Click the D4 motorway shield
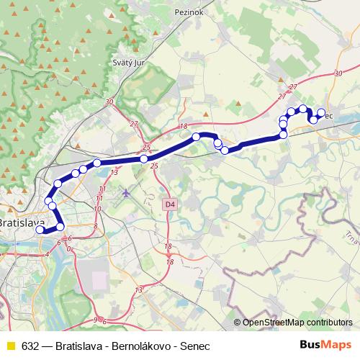click(x=169, y=204)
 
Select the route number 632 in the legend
click(x=30, y=345)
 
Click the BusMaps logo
click(x=326, y=344)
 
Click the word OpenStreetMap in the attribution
click(x=274, y=323)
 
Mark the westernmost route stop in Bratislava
click(x=40, y=230)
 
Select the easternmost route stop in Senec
click(x=322, y=113)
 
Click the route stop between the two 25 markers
click(x=144, y=158)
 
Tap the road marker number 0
click(x=69, y=248)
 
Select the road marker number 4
click(x=48, y=253)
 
